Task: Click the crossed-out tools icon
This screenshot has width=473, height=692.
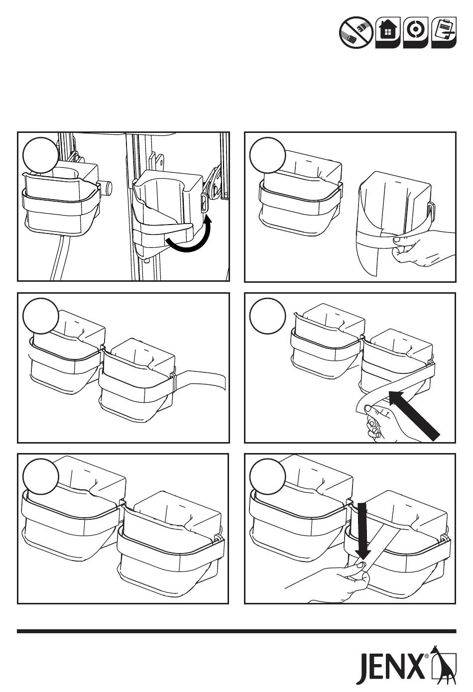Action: click(356, 32)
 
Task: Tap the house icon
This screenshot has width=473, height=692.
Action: click(388, 32)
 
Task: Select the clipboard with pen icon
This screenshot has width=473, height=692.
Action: click(444, 32)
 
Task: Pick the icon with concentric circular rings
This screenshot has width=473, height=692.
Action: click(416, 32)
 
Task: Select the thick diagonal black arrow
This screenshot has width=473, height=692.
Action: click(414, 415)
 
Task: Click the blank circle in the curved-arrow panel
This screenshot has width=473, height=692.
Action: click(40, 155)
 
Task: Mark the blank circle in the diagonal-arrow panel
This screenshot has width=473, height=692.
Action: click(267, 316)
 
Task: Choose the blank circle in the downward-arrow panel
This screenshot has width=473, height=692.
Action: click(267, 476)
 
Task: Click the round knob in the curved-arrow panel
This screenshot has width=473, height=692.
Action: click(107, 188)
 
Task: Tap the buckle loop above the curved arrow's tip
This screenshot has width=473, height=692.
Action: click(205, 203)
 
